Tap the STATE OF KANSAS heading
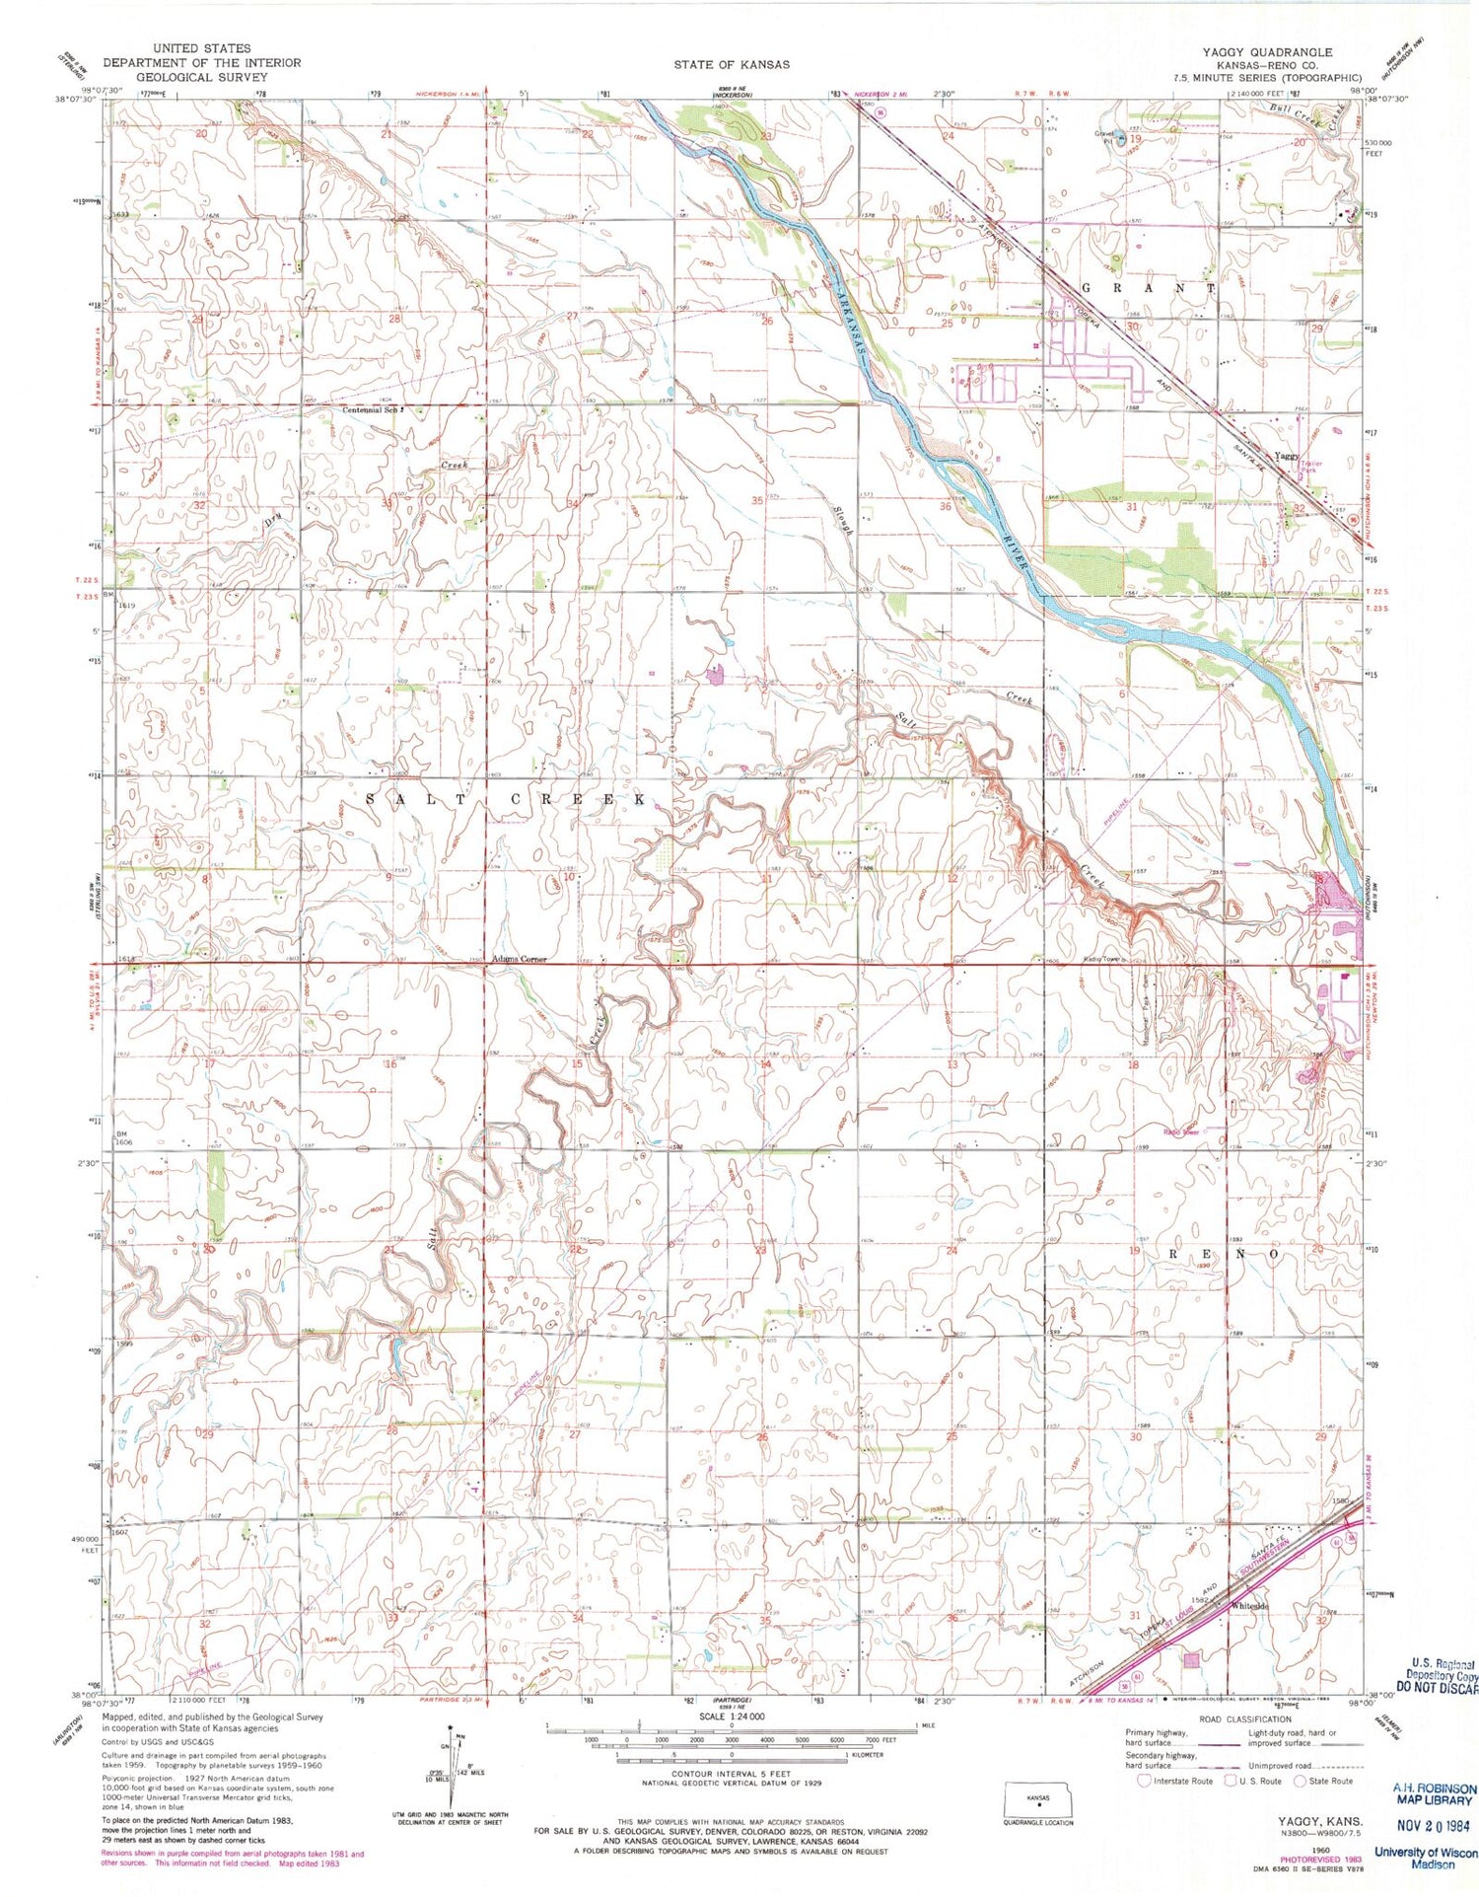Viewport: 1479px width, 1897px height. [732, 64]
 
